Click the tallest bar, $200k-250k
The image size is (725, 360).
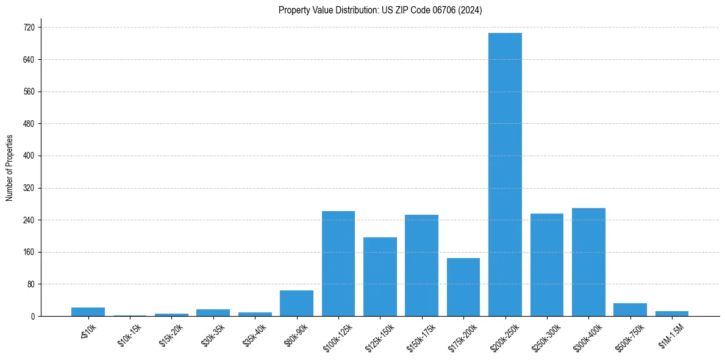pyautogui.click(x=505, y=175)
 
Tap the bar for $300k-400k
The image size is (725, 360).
pyautogui.click(x=588, y=262)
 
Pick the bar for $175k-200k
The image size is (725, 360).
pyautogui.click(x=463, y=287)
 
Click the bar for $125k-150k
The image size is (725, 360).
pyautogui.click(x=380, y=276)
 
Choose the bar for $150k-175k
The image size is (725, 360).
pyautogui.click(x=421, y=265)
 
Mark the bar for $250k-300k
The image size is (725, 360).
pyautogui.click(x=547, y=265)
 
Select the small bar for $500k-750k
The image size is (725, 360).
pyautogui.click(x=630, y=310)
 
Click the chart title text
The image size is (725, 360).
pyautogui.click(x=380, y=10)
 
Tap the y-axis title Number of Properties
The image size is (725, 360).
pyautogui.click(x=10, y=168)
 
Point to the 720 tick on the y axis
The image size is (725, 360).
pyautogui.click(x=29, y=27)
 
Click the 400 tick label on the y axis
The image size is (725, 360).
pyautogui.click(x=29, y=156)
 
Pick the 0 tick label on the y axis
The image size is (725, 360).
pyautogui.click(x=33, y=316)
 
